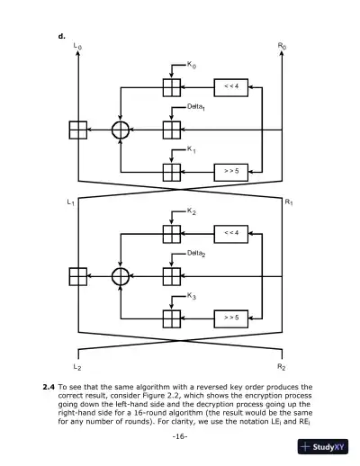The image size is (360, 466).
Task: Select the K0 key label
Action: [192, 65]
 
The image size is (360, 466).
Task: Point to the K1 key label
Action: [192, 149]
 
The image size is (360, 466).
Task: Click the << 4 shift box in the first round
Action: [231, 87]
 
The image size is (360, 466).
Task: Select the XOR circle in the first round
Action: [121, 130]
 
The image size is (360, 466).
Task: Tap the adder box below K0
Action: [171, 87]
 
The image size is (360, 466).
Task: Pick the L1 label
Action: [71, 202]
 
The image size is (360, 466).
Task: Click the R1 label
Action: [288, 202]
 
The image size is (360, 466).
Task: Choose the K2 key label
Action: [192, 211]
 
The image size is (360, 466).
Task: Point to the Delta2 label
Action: [197, 255]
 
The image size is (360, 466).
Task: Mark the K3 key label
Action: [192, 296]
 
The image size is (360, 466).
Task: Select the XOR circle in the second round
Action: [121, 275]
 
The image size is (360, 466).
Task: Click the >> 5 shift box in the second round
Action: [231, 318]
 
